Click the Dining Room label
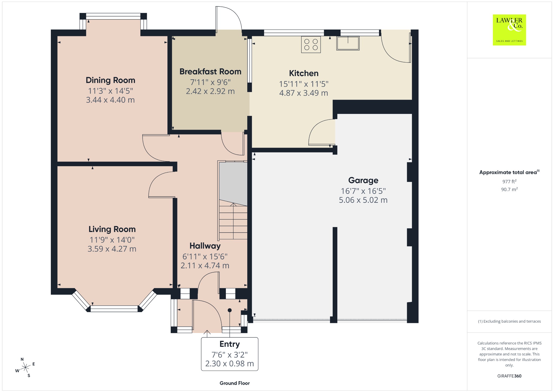(110, 80)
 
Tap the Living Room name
(112, 229)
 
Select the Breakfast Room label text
(210, 71)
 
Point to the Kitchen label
(304, 73)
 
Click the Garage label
(363, 180)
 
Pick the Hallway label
(205, 246)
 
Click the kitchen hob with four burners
(311, 45)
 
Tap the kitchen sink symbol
(348, 43)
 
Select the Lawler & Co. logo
(509, 30)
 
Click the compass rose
(25, 367)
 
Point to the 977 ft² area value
(509, 181)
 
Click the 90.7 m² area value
(509, 189)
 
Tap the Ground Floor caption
(235, 383)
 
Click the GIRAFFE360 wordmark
(509, 376)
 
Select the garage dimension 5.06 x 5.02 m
(363, 200)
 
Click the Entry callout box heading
(230, 344)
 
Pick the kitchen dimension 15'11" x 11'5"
(304, 84)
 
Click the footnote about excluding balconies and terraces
(509, 321)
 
